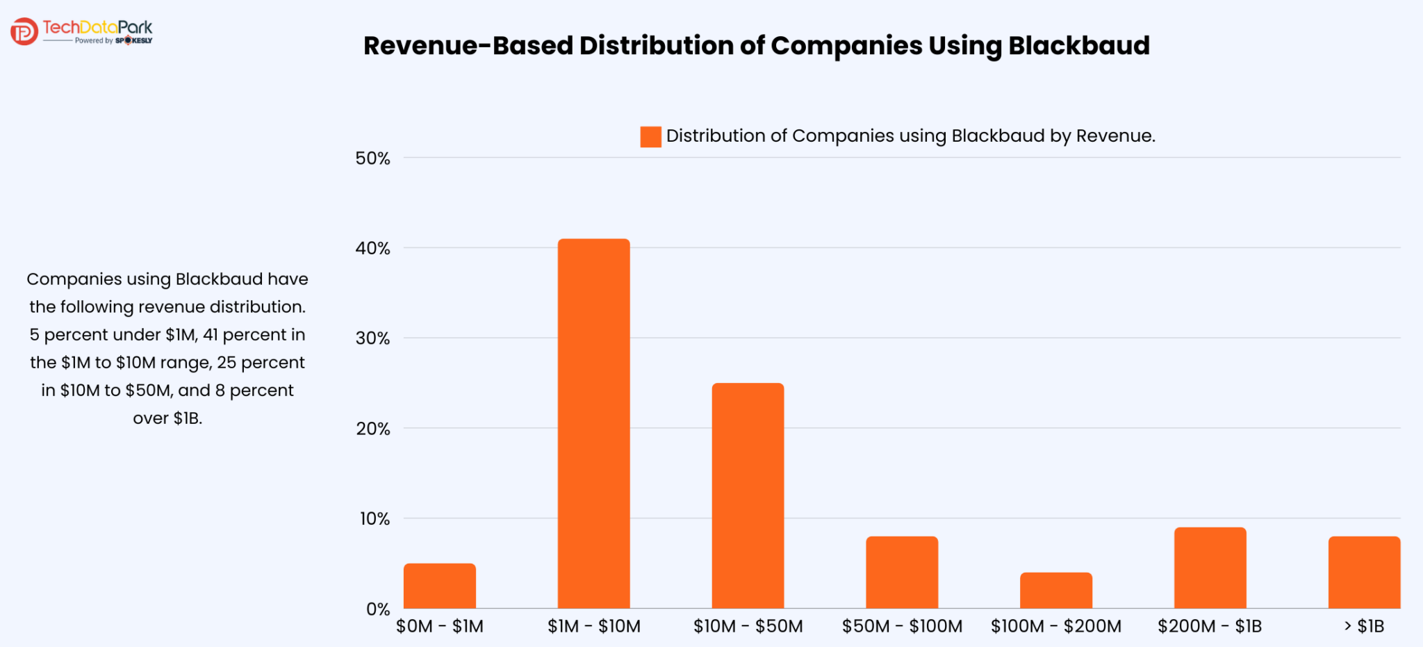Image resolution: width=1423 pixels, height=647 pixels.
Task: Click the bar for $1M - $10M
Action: pyautogui.click(x=593, y=424)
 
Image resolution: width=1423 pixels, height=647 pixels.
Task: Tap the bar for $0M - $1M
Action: pyautogui.click(x=439, y=586)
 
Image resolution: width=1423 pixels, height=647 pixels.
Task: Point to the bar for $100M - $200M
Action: pyautogui.click(x=1055, y=590)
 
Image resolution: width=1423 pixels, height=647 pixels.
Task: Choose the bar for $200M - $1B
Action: pyautogui.click(x=1210, y=568)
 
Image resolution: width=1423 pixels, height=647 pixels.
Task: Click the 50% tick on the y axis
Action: pyautogui.click(x=372, y=158)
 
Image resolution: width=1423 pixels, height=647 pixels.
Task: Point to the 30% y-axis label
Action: pyautogui.click(x=372, y=338)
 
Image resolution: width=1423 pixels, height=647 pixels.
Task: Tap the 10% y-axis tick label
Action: pyautogui.click(x=374, y=518)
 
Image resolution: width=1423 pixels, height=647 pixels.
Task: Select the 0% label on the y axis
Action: pyautogui.click(x=378, y=609)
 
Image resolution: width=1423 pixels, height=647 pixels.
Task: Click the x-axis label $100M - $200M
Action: pyautogui.click(x=1055, y=626)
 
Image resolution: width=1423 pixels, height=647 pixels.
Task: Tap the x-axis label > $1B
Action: pyautogui.click(x=1364, y=626)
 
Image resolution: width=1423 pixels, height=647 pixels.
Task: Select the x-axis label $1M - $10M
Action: pyautogui.click(x=593, y=626)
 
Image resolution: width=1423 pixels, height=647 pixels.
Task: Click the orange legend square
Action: pyautogui.click(x=650, y=137)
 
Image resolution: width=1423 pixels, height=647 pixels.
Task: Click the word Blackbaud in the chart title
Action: pyautogui.click(x=1078, y=46)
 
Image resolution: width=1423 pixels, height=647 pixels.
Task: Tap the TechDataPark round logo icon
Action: pyautogui.click(x=24, y=31)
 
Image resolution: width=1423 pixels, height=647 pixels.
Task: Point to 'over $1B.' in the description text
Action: pyautogui.click(x=167, y=418)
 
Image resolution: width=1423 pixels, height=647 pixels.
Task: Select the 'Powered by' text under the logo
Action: pyautogui.click(x=94, y=41)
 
